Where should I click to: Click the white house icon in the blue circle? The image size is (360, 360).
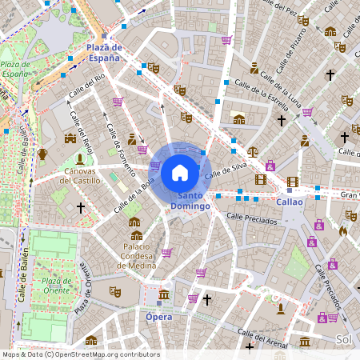point(180,173)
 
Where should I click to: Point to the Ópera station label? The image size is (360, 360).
point(159,316)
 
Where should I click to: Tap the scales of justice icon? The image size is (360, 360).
point(253,150)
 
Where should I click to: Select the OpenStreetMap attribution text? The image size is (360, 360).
point(80,354)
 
